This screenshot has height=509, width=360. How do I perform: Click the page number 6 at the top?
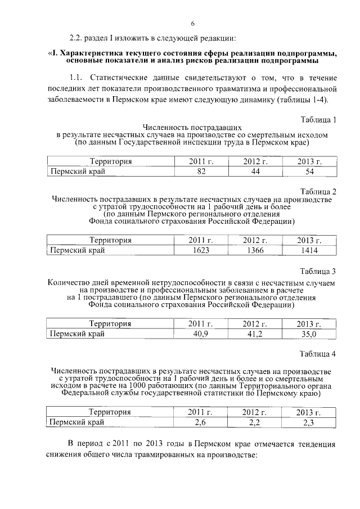[192, 23]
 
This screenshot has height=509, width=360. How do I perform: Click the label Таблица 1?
[318, 120]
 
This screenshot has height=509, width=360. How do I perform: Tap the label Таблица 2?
[318, 191]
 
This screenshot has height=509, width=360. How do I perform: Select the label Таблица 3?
[318, 271]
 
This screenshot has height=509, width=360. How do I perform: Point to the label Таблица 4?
[318, 354]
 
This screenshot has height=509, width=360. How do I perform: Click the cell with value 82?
[201, 172]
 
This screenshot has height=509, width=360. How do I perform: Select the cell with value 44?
[255, 172]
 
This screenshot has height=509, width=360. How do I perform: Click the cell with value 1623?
[200, 250]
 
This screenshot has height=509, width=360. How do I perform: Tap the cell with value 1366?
[255, 250]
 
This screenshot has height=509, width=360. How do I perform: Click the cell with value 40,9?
[200, 334]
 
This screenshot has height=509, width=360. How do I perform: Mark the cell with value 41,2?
[255, 334]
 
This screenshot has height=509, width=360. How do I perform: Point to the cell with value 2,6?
[200, 422]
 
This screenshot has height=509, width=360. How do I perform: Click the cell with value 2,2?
[255, 422]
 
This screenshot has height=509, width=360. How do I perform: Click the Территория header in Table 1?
[111, 162]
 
